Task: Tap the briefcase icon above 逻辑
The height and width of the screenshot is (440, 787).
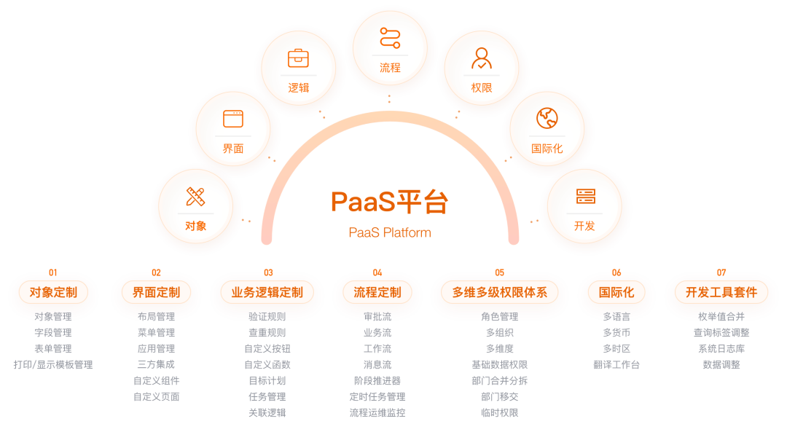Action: point(298,58)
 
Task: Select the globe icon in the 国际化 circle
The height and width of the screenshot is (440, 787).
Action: point(547,118)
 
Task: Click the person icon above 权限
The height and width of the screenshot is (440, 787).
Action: point(481,58)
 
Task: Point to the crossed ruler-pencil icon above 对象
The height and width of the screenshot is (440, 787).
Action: point(195,196)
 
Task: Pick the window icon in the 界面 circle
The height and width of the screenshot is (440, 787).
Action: point(232,118)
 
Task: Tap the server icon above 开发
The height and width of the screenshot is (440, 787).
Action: point(585,196)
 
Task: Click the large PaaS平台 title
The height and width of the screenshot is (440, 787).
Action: point(390,202)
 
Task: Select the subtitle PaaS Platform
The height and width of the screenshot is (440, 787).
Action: point(390,233)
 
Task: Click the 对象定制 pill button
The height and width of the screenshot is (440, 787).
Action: point(52,292)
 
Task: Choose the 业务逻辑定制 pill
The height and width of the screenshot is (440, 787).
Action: point(267,292)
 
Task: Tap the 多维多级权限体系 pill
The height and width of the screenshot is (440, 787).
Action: point(499,292)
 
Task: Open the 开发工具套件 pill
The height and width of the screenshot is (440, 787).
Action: point(721,292)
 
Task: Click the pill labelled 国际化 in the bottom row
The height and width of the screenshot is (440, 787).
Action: point(616,292)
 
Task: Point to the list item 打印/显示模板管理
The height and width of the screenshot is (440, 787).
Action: point(53,365)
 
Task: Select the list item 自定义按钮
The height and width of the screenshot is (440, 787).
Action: point(267,349)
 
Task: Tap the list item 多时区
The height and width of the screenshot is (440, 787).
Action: point(616,349)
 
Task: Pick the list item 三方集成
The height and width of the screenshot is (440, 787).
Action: point(156,365)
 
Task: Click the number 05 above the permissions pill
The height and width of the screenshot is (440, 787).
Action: point(499,273)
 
